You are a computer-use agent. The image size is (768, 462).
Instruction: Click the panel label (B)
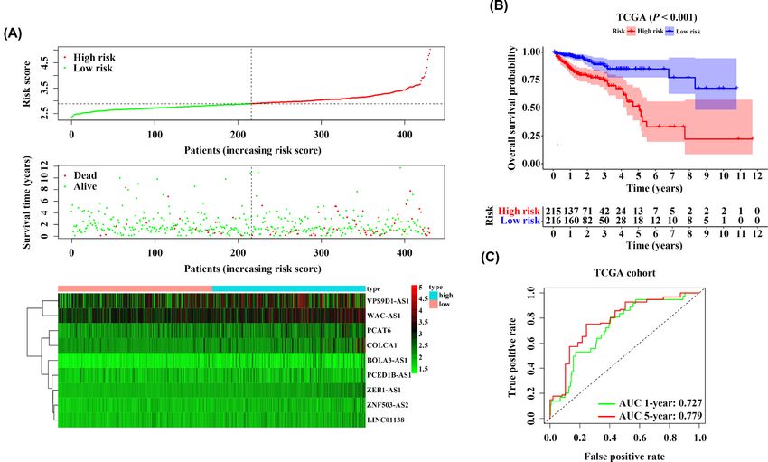pos(500,7)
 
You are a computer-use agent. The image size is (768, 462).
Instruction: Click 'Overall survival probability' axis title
pos(512,108)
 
